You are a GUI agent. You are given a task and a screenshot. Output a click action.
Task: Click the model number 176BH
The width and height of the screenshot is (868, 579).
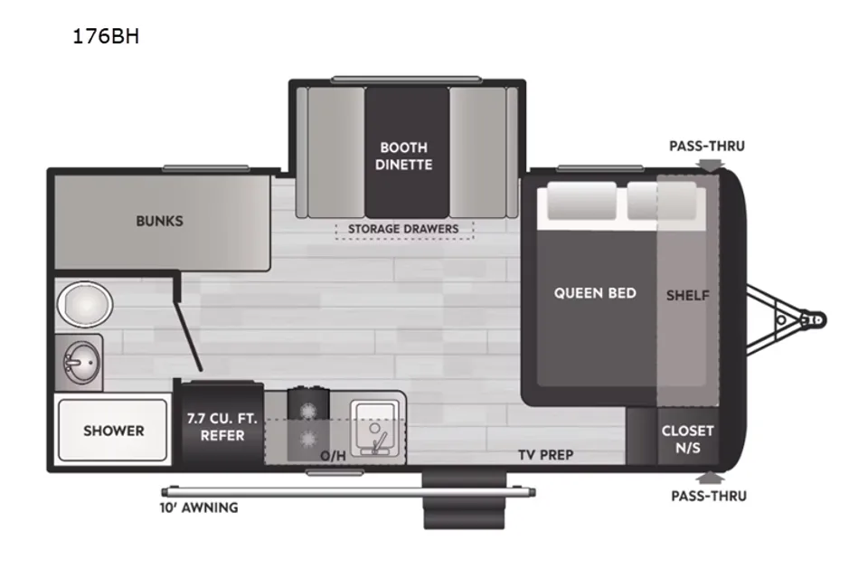pos(106,36)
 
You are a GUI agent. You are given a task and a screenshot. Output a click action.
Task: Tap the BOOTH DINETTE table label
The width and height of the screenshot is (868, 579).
pos(403,156)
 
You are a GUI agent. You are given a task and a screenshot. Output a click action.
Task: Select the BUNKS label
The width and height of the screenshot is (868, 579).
pos(159,221)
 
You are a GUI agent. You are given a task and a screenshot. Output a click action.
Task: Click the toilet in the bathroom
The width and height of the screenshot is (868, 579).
pos(85,304)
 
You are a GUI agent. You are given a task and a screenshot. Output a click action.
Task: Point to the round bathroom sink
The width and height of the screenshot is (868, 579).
pos(81,363)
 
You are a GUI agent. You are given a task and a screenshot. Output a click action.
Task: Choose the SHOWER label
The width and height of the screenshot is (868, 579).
pos(114,431)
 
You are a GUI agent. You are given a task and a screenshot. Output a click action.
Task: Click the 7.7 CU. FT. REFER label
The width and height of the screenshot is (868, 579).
pos(222,427)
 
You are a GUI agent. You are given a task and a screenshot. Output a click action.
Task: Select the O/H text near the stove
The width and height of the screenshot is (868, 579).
pos(334,455)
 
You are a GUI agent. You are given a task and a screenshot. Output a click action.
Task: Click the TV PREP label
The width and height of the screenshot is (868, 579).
pos(546,455)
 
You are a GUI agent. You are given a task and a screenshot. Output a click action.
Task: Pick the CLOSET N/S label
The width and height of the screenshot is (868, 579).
pos(687,439)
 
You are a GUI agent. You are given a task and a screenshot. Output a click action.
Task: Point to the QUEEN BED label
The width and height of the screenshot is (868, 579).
pos(595,293)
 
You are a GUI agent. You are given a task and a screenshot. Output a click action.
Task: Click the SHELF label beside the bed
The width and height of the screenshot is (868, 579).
pos(687,295)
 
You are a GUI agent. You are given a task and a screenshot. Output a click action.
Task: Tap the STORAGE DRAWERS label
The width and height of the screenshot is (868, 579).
pos(403,229)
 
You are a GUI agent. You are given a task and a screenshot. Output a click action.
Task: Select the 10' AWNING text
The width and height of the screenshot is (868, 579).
pos(199,508)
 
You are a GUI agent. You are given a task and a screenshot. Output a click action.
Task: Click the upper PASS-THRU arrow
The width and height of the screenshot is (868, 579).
pos(711,165)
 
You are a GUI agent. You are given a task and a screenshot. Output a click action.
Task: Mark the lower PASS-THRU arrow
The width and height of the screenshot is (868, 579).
pos(711,478)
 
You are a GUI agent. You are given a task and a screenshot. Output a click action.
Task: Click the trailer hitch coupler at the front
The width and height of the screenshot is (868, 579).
pos(814,319)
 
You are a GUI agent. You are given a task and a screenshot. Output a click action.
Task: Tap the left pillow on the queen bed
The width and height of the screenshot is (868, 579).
pos(581,201)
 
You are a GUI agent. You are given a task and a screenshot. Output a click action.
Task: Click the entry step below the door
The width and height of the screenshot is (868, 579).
pos(465,500)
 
